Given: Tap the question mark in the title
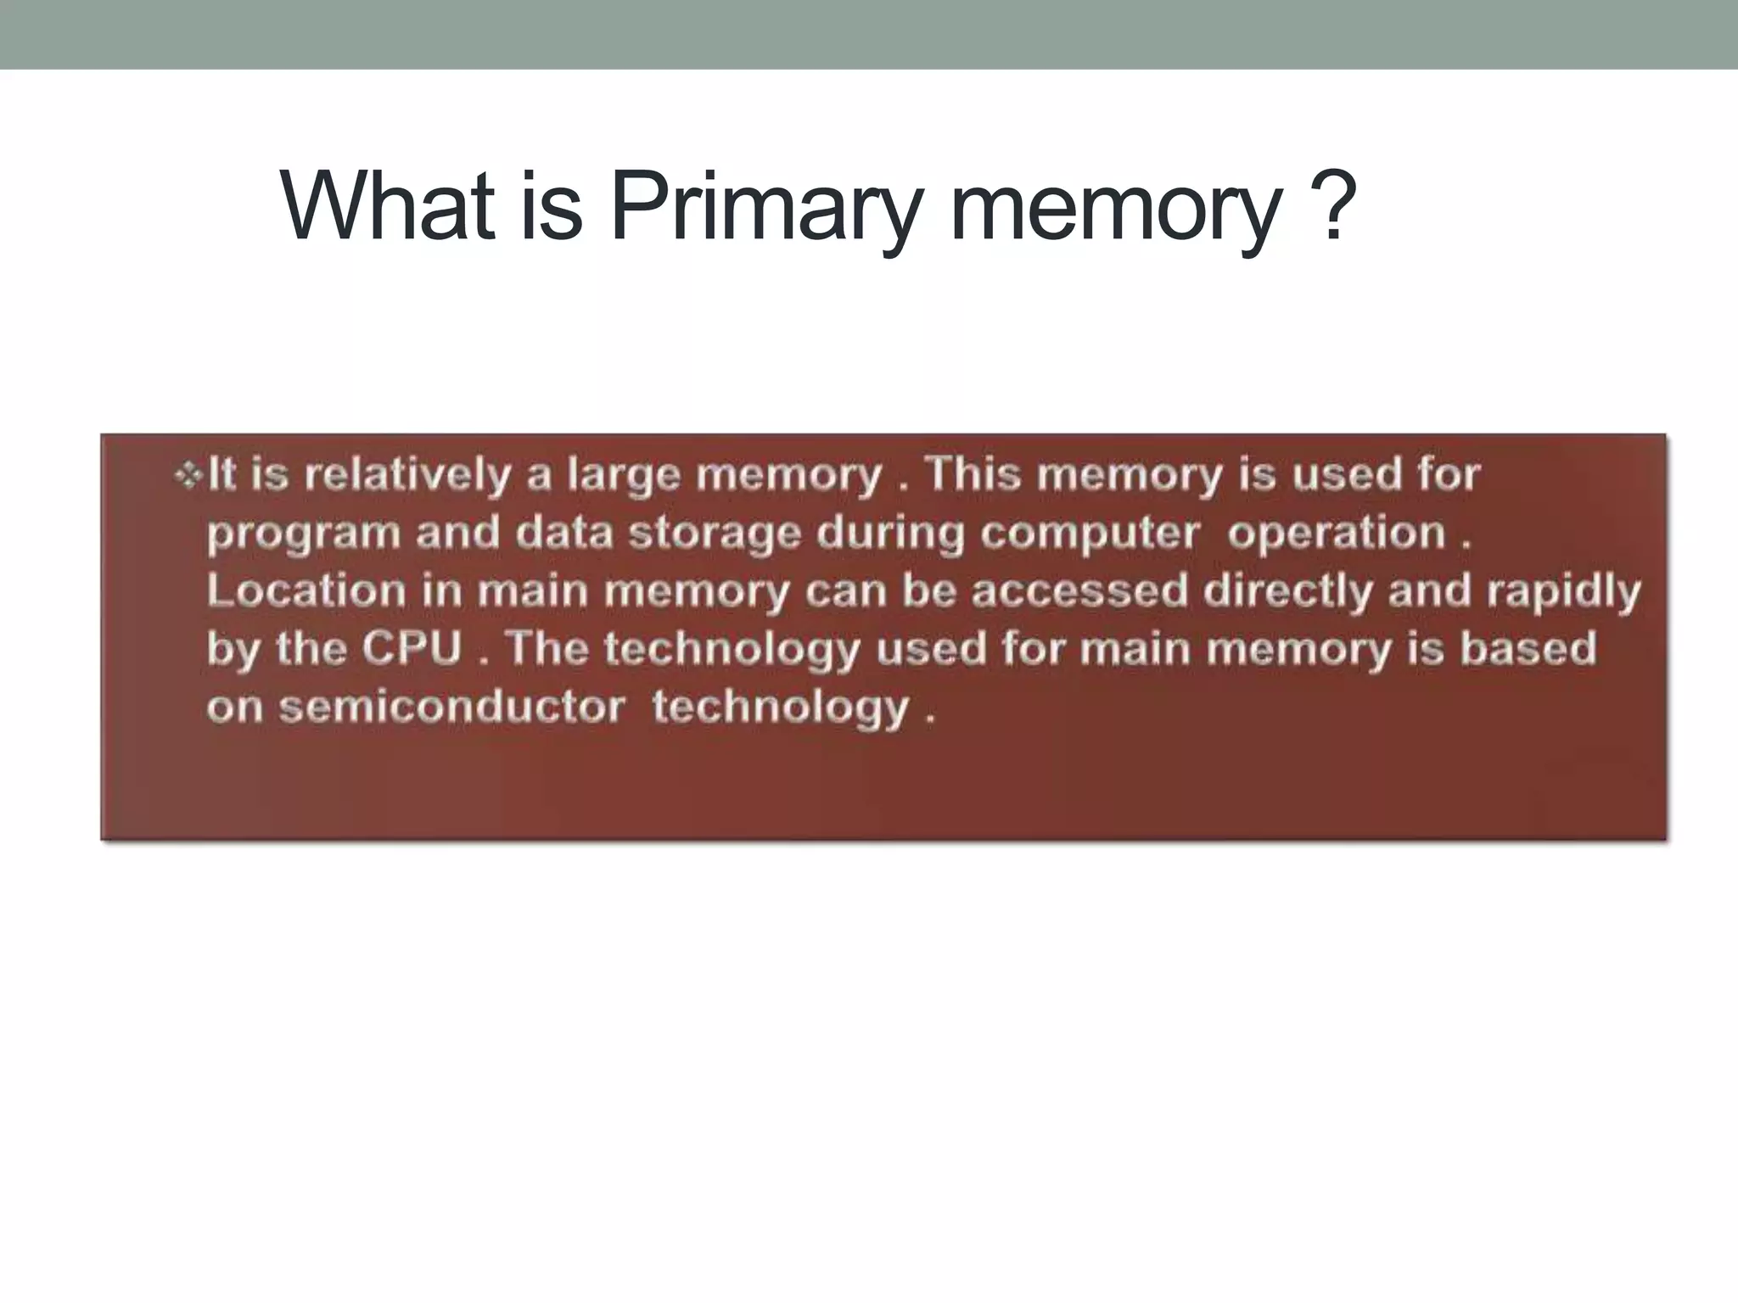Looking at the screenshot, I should (1331, 207).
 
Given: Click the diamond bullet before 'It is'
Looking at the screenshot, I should (186, 476).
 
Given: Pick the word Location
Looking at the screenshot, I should (306, 590).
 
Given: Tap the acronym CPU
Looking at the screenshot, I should (412, 649).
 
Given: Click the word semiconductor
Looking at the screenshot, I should (451, 707).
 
